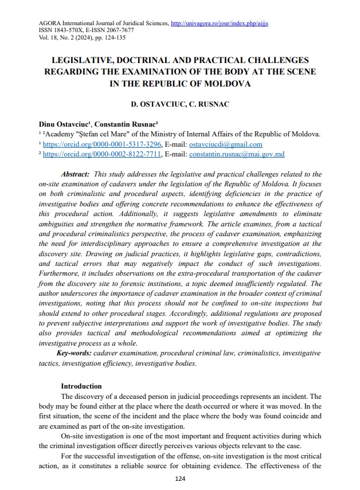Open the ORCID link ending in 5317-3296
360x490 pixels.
pos(103,144)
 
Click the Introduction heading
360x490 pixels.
pos(81,386)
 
